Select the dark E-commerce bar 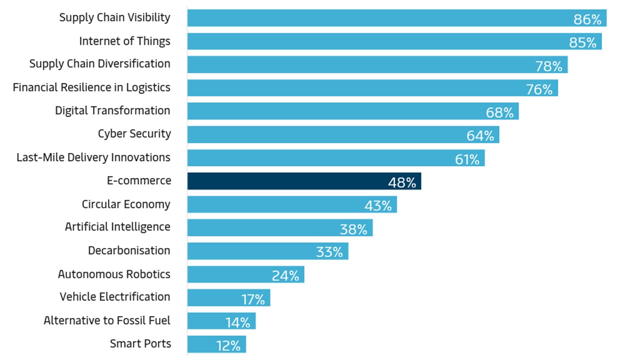tap(304, 181)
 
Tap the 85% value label tap(582, 42)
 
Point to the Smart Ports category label tap(140, 344)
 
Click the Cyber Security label tap(134, 134)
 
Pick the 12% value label tap(229, 345)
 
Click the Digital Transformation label tap(112, 110)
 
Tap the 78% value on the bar tap(548, 66)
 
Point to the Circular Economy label tap(126, 204)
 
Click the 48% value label tap(402, 182)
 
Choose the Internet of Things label tap(124, 41)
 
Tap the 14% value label tap(237, 322)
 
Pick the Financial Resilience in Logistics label tap(91, 87)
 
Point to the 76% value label tap(539, 89)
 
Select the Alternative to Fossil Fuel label tap(107, 320)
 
